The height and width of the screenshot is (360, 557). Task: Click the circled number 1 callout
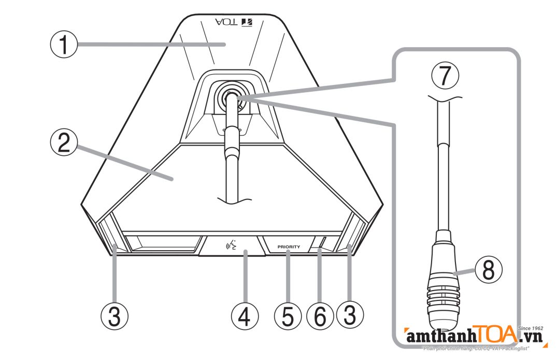(x=63, y=45)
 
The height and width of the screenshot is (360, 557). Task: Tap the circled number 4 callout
(x=245, y=315)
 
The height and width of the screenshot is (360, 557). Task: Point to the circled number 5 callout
(x=289, y=315)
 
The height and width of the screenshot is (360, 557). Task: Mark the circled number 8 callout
(x=490, y=271)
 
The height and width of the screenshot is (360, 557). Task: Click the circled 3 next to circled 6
(x=350, y=315)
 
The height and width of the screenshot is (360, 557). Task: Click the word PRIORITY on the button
(x=289, y=247)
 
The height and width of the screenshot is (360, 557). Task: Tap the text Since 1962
(x=530, y=328)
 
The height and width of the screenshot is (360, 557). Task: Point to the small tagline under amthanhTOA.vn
(x=477, y=349)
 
